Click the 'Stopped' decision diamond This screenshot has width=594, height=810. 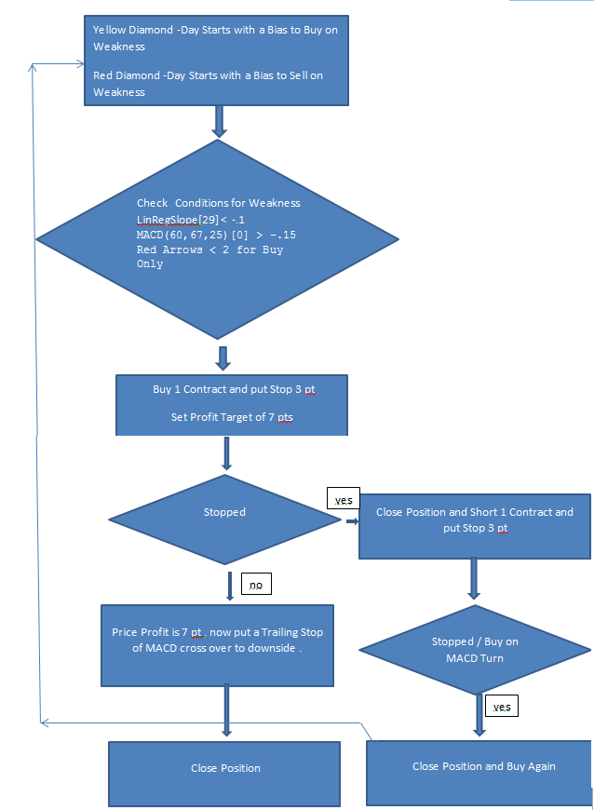(x=224, y=512)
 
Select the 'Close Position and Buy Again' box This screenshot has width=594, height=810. (x=483, y=766)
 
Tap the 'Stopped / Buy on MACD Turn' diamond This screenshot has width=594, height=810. (x=474, y=650)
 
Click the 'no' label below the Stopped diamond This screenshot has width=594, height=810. (x=255, y=585)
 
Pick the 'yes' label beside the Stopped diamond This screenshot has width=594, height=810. (x=343, y=500)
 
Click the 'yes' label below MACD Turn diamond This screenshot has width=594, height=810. (x=501, y=707)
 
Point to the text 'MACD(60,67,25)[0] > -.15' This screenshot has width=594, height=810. (x=216, y=234)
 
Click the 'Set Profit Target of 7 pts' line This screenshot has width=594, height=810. (x=232, y=419)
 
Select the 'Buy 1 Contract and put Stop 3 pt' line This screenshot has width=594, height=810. (x=232, y=389)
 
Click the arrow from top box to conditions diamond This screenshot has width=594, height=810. (x=220, y=121)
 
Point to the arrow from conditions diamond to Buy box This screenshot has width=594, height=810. (x=223, y=358)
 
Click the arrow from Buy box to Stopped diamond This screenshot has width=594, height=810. (x=226, y=454)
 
